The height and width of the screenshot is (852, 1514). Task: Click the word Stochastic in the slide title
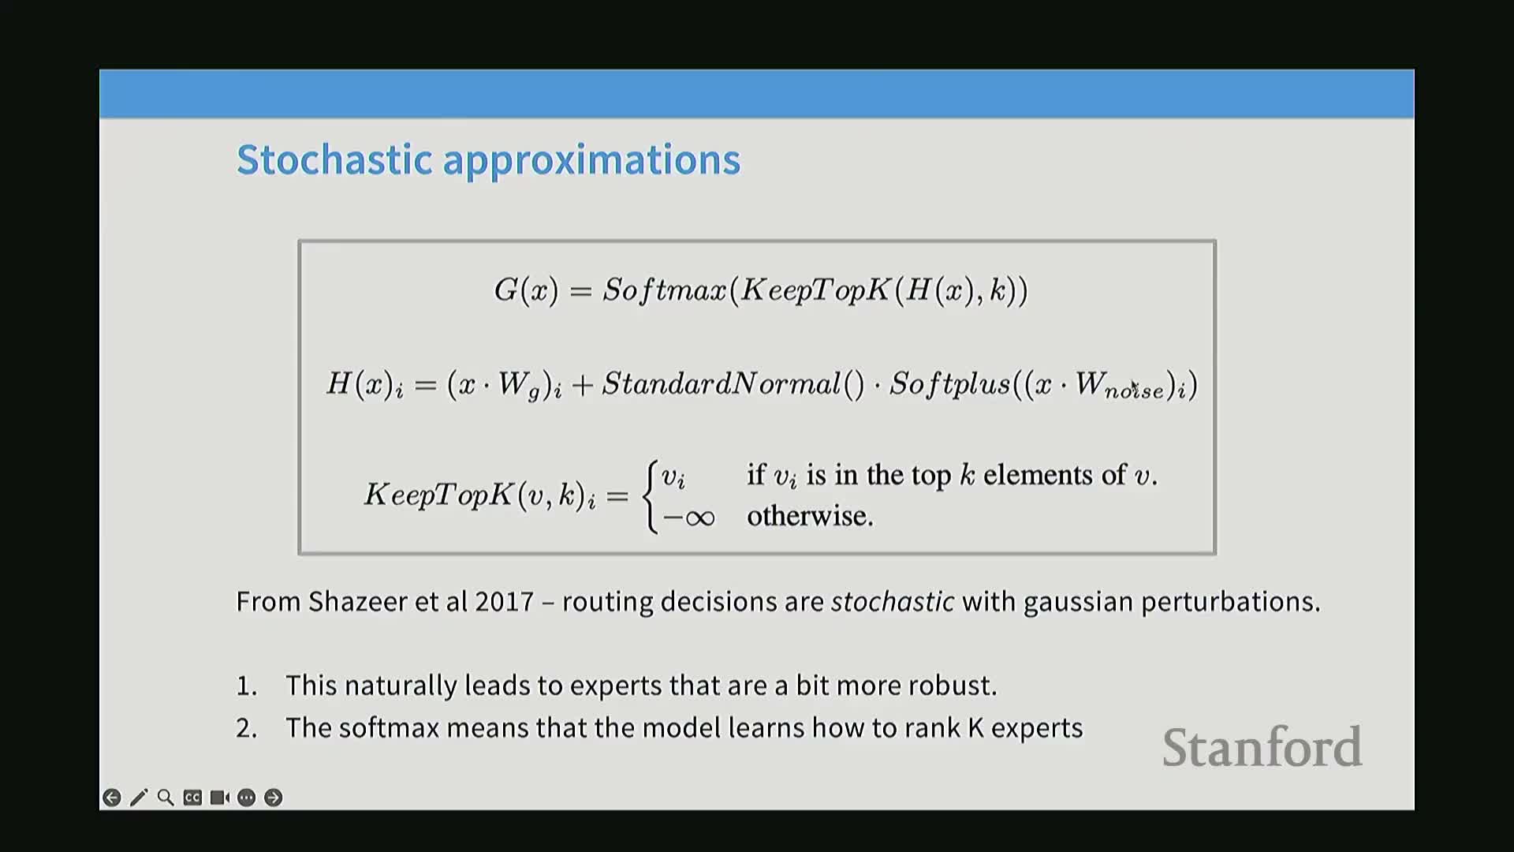pyautogui.click(x=334, y=159)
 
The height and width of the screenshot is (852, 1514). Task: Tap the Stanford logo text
pyautogui.click(x=1262, y=747)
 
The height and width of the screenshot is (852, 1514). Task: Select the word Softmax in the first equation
pyautogui.click(x=664, y=290)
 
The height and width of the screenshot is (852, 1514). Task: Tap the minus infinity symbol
pyautogui.click(x=688, y=518)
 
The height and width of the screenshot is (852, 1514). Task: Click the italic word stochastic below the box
pyautogui.click(x=893, y=602)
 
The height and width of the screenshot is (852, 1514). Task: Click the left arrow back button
pyautogui.click(x=112, y=798)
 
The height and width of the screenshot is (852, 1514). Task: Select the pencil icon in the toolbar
pyautogui.click(x=139, y=798)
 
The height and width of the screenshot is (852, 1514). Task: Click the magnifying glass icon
pyautogui.click(x=166, y=798)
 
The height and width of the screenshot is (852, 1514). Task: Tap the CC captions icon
pyautogui.click(x=192, y=798)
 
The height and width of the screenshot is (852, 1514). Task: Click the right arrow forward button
pyautogui.click(x=273, y=798)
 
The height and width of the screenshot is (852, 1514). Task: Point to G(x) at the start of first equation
pyautogui.click(x=526, y=290)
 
